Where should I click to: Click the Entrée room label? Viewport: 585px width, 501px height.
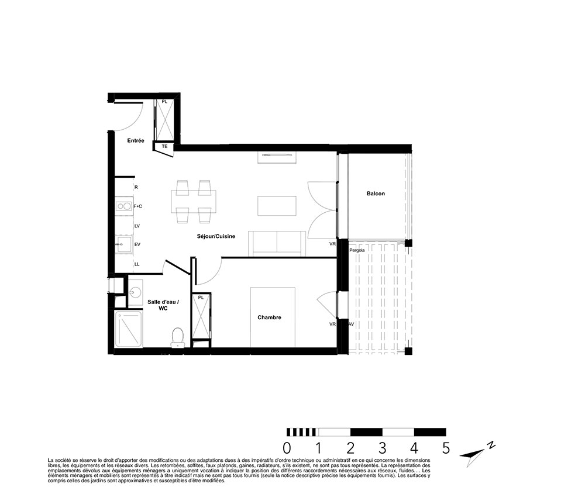click(136, 140)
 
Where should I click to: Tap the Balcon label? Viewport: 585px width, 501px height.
click(376, 194)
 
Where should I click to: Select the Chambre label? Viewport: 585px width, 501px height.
click(269, 317)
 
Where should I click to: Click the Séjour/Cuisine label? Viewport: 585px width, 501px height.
click(216, 236)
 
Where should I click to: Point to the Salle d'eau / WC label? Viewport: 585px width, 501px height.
click(163, 305)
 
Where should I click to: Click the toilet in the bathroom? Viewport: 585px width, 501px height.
click(177, 337)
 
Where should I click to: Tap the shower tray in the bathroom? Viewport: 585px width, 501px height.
click(128, 330)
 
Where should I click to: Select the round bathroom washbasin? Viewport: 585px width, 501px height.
click(135, 292)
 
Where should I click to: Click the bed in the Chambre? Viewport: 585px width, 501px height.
click(273, 317)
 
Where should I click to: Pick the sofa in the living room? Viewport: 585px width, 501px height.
click(277, 243)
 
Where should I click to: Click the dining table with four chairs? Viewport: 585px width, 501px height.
click(194, 202)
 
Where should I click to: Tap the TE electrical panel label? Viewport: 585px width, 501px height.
click(164, 147)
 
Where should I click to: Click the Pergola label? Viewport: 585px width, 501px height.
click(357, 250)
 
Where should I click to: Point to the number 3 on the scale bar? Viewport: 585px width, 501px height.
click(383, 448)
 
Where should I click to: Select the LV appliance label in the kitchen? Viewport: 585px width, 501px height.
click(137, 226)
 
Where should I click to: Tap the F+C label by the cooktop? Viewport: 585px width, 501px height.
click(137, 206)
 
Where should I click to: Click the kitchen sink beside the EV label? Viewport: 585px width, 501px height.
click(123, 244)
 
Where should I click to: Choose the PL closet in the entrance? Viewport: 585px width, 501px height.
click(164, 120)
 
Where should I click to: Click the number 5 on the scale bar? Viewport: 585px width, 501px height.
click(446, 448)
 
